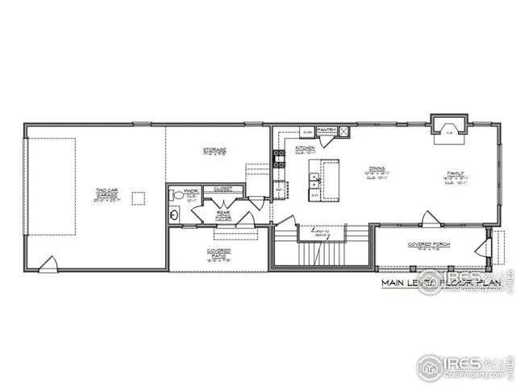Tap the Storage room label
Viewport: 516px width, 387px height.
click(x=214, y=150)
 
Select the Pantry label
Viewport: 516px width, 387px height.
click(x=327, y=130)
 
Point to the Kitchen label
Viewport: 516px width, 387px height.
click(x=305, y=148)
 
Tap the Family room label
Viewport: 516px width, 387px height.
click(x=456, y=175)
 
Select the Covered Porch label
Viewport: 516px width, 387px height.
click(x=430, y=245)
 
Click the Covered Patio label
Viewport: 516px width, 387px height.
click(x=218, y=253)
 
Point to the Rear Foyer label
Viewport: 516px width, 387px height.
click(x=223, y=214)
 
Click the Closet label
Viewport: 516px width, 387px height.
click(x=223, y=189)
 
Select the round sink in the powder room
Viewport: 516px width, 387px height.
click(x=174, y=215)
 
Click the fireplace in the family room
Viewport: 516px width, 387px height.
click(x=449, y=129)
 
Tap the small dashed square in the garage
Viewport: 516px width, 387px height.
click(x=139, y=198)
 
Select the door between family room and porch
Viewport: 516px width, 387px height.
click(x=430, y=218)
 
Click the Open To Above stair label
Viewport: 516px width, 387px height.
click(x=321, y=232)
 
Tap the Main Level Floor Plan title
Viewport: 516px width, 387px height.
click(x=441, y=284)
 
